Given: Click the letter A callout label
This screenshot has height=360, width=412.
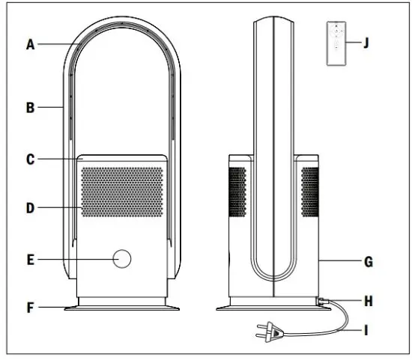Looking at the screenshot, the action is point(31,44).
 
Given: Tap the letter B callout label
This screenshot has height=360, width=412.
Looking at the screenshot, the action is point(31,107).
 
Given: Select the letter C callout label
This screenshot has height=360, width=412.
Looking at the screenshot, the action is point(31,159).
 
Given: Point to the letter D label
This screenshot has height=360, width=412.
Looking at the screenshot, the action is point(31,208).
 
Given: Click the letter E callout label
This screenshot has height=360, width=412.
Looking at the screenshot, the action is point(31,260).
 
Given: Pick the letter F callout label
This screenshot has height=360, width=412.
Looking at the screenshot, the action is point(31,308).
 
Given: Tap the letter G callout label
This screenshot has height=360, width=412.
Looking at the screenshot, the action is point(369,262).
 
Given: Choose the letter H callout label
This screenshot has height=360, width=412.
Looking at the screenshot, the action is point(369,301).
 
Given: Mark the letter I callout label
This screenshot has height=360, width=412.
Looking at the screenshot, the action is point(366,330).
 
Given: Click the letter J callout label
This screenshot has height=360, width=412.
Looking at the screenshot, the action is point(366,43).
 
